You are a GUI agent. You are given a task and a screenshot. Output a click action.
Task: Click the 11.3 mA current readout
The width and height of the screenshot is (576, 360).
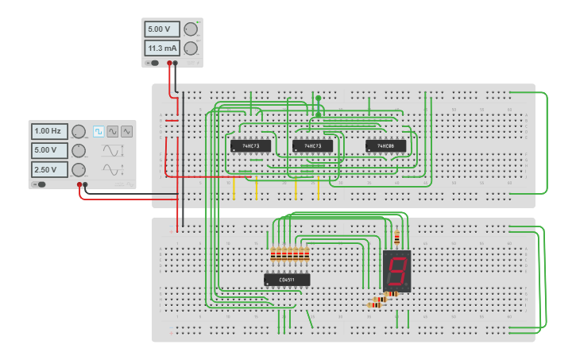(162, 48)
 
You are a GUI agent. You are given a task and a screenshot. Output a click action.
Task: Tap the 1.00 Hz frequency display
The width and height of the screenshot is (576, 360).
(48, 131)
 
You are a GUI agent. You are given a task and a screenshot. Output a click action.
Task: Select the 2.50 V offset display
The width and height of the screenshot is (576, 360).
(48, 169)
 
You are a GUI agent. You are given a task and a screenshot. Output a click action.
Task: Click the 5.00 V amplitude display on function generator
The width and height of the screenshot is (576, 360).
(48, 150)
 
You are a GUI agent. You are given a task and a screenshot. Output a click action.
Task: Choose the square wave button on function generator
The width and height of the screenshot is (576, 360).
(99, 131)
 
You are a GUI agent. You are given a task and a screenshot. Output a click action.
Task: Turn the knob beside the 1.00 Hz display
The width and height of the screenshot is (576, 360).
(79, 131)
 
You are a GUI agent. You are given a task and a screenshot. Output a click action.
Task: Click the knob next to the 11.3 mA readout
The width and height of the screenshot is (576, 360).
(191, 48)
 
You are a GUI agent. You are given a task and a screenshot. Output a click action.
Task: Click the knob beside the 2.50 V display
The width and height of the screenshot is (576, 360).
(79, 169)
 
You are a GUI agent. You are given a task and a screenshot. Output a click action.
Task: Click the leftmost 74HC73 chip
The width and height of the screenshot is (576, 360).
(251, 146)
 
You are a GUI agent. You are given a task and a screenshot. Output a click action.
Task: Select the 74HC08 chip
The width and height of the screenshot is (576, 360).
(386, 146)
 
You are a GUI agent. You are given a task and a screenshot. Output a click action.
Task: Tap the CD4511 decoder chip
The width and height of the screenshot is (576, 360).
(287, 280)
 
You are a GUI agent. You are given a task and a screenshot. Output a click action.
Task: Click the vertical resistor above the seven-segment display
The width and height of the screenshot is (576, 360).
(397, 237)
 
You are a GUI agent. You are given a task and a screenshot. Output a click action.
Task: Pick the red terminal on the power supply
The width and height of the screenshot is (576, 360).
(168, 62)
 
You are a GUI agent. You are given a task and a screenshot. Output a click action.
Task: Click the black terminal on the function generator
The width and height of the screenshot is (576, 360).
(86, 185)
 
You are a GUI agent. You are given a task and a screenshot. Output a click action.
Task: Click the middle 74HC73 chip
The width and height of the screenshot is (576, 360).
(312, 146)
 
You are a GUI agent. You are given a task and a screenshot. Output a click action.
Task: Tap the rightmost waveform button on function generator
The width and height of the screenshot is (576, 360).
(126, 131)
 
